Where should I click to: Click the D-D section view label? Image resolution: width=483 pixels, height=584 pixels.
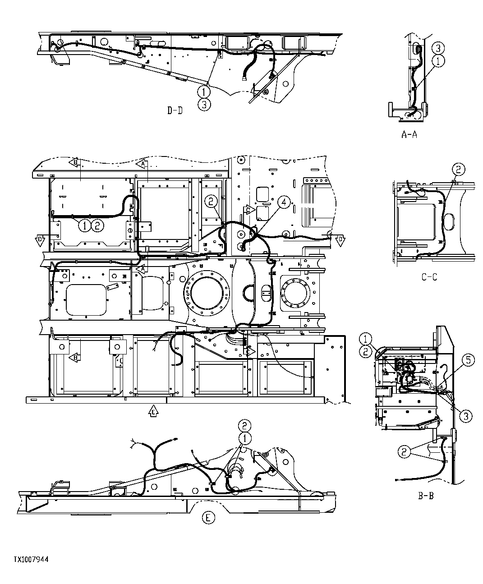point(175,110)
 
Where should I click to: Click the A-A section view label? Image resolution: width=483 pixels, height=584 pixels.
point(409,134)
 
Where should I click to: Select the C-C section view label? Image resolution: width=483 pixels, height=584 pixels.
point(429,277)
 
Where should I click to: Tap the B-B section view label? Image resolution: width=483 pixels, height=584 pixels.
point(426,497)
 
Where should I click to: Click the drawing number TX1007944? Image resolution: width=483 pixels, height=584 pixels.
point(31,560)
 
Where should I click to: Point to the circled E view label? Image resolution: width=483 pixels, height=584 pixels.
point(207,518)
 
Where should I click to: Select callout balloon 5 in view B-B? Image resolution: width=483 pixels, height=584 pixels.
point(468,360)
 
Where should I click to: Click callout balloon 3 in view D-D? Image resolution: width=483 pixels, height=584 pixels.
point(204,105)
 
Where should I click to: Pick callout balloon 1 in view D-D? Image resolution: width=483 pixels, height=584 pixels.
point(204,92)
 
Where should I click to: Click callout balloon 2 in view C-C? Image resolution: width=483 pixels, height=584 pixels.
point(458,170)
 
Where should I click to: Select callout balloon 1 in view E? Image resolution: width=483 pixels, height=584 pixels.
point(244,438)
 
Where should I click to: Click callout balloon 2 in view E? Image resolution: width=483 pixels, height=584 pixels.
point(244,425)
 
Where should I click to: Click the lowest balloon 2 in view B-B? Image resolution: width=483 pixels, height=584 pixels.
point(404,451)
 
